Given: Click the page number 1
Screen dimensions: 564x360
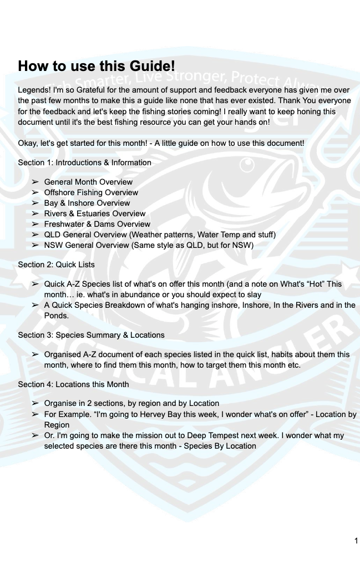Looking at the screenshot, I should [x=356, y=541].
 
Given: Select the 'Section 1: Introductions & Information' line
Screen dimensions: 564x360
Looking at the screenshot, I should [x=84, y=162].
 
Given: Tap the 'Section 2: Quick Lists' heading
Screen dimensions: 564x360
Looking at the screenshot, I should [x=56, y=265].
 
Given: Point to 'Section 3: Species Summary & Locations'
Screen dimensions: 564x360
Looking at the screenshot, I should [x=91, y=335].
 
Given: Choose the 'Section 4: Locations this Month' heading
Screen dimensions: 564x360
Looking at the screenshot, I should [x=73, y=384].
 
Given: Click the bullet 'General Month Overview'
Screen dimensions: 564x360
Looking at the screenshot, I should [x=88, y=182].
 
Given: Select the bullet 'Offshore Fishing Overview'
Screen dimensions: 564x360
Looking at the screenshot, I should [x=91, y=192].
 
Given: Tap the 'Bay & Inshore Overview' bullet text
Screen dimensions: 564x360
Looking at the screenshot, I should [x=87, y=203].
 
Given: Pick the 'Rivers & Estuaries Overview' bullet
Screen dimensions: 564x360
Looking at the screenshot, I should [x=95, y=214].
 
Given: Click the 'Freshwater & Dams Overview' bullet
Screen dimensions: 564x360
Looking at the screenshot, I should [x=97, y=224].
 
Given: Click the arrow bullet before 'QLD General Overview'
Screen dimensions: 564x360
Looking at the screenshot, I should [x=35, y=235].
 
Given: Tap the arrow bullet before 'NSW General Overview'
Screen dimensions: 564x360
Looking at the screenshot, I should [x=35, y=245].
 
